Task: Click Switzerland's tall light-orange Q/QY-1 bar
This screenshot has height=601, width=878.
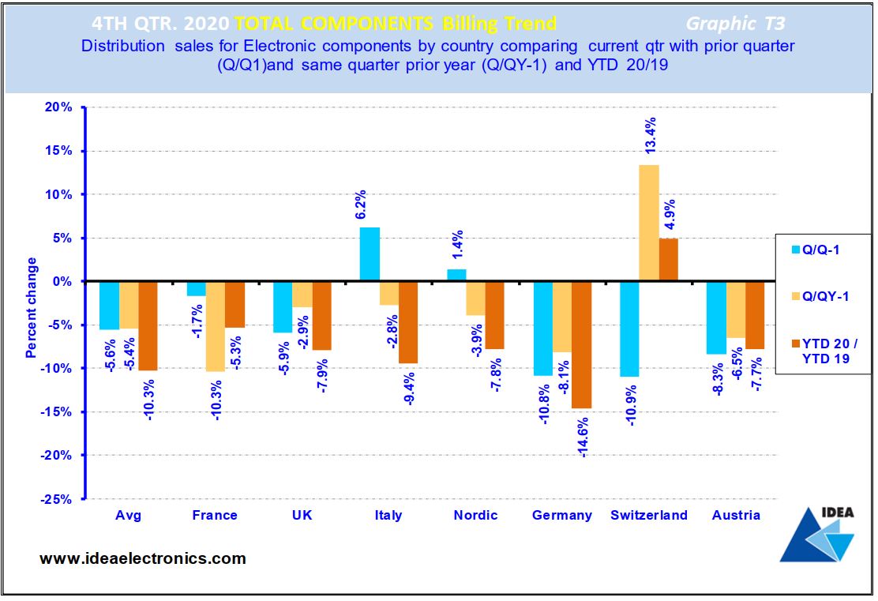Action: click(649, 223)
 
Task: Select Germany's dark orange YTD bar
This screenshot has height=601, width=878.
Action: click(582, 344)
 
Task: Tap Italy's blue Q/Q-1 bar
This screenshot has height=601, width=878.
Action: click(370, 254)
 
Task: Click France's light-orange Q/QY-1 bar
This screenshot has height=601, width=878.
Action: click(215, 326)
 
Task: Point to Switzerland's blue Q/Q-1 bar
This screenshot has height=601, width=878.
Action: click(628, 329)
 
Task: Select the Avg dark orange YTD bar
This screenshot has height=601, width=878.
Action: click(148, 325)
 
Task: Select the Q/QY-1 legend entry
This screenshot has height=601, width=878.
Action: click(822, 296)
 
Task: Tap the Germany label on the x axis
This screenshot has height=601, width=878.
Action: click(561, 515)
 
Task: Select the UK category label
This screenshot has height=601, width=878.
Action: click(302, 515)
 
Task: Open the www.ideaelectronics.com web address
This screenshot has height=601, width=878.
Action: click(143, 558)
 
